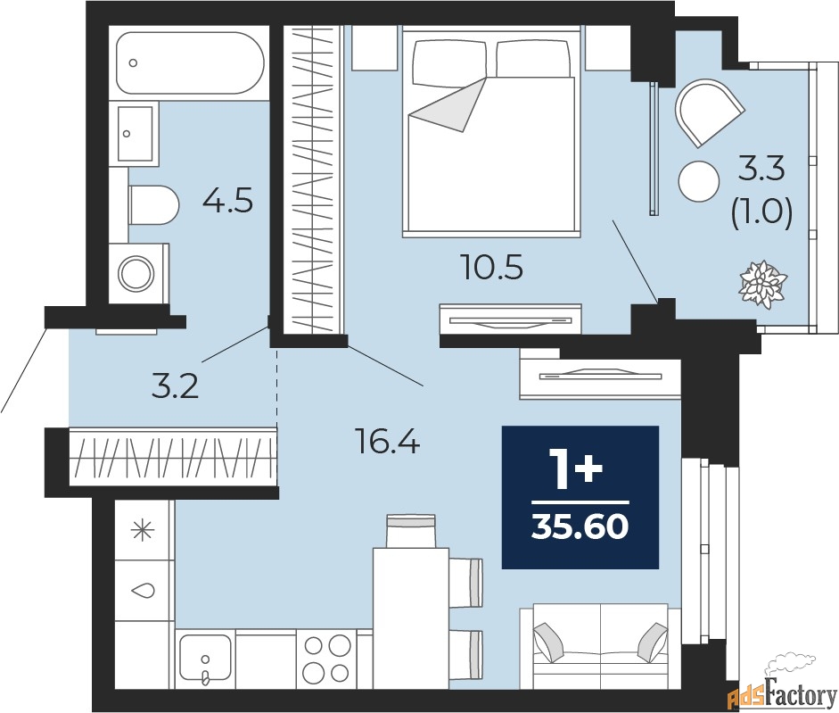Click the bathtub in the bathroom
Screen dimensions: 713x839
189,63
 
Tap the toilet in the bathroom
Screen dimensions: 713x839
153,204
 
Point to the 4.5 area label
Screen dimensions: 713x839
227,201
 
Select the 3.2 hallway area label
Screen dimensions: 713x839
174,386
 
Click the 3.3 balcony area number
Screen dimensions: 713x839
761,167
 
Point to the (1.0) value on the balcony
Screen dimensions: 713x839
761,214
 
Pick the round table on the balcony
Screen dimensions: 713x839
699,182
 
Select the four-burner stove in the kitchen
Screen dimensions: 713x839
326,659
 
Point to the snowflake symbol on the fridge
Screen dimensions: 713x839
141,530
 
